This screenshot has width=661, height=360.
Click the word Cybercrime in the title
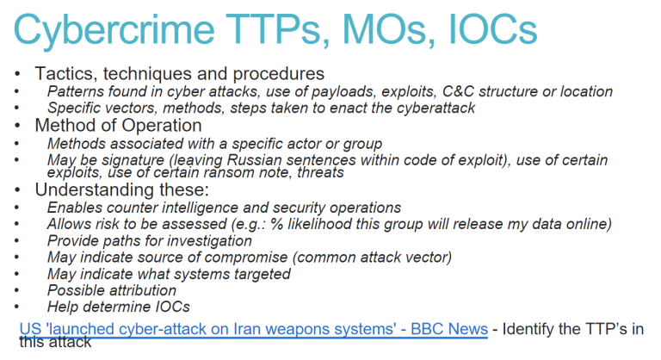click(x=114, y=29)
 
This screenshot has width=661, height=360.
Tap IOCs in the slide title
click(x=492, y=28)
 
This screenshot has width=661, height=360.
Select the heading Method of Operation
click(x=119, y=126)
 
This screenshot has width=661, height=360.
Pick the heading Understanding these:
click(x=122, y=190)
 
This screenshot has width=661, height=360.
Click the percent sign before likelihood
click(x=276, y=224)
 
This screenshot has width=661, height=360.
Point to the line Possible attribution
click(x=112, y=290)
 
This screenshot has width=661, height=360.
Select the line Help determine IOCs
click(x=119, y=307)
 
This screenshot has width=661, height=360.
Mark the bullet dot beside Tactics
click(x=17, y=74)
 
